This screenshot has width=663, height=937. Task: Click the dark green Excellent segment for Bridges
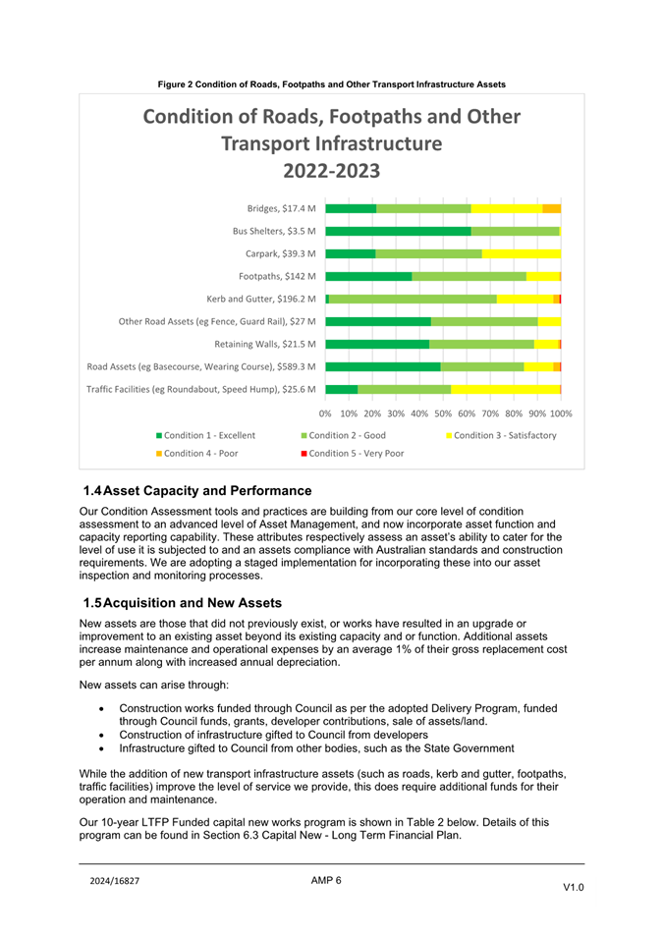click(x=351, y=208)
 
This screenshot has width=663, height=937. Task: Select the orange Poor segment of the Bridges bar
click(x=551, y=208)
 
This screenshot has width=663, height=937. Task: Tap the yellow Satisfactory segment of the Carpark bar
click(x=522, y=253)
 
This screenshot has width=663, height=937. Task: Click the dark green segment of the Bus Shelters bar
click(x=398, y=231)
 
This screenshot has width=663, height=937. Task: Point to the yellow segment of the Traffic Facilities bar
click(x=505, y=389)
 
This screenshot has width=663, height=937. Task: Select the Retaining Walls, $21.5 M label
click(x=265, y=344)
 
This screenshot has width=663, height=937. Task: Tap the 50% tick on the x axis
click(x=443, y=413)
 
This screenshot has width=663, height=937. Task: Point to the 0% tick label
click(x=325, y=413)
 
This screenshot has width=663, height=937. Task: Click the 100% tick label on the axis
click(x=561, y=413)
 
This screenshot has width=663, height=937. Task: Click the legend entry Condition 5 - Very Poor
click(x=352, y=454)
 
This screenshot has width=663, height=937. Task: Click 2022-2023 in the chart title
click(x=331, y=171)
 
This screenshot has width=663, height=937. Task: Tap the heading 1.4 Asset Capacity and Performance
click(x=197, y=490)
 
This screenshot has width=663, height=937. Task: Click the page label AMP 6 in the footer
click(x=326, y=880)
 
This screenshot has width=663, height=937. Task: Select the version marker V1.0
click(x=574, y=887)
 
